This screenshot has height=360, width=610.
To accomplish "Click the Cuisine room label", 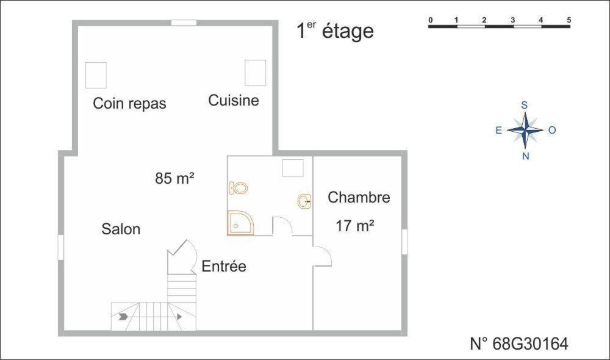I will click(234, 100).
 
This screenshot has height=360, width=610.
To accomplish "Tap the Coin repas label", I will click(129, 103).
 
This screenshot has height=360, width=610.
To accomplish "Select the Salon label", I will click(121, 229).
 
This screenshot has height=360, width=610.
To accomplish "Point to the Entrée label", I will click(224, 266).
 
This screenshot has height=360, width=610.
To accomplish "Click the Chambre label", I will click(359, 197).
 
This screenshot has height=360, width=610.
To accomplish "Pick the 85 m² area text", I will click(174, 178).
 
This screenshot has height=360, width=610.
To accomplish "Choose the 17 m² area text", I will click(354, 226).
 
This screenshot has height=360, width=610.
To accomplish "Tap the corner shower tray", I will click(239, 223).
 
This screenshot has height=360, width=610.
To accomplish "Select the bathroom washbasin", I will click(304, 200).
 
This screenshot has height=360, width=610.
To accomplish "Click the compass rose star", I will click(525, 130).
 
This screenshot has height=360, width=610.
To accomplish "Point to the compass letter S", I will click(524, 105).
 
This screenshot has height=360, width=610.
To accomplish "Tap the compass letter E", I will click(498, 130).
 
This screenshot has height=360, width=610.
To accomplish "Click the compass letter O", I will click(552, 130).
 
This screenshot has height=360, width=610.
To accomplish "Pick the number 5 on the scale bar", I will click(569, 20).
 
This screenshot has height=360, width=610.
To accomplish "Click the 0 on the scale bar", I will click(431, 20).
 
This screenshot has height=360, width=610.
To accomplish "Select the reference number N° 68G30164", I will click(519, 344).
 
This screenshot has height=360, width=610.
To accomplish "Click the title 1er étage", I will click(335, 31).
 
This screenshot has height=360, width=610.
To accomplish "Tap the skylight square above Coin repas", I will click(96, 75).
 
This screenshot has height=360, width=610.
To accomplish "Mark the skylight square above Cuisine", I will click(255, 73).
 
